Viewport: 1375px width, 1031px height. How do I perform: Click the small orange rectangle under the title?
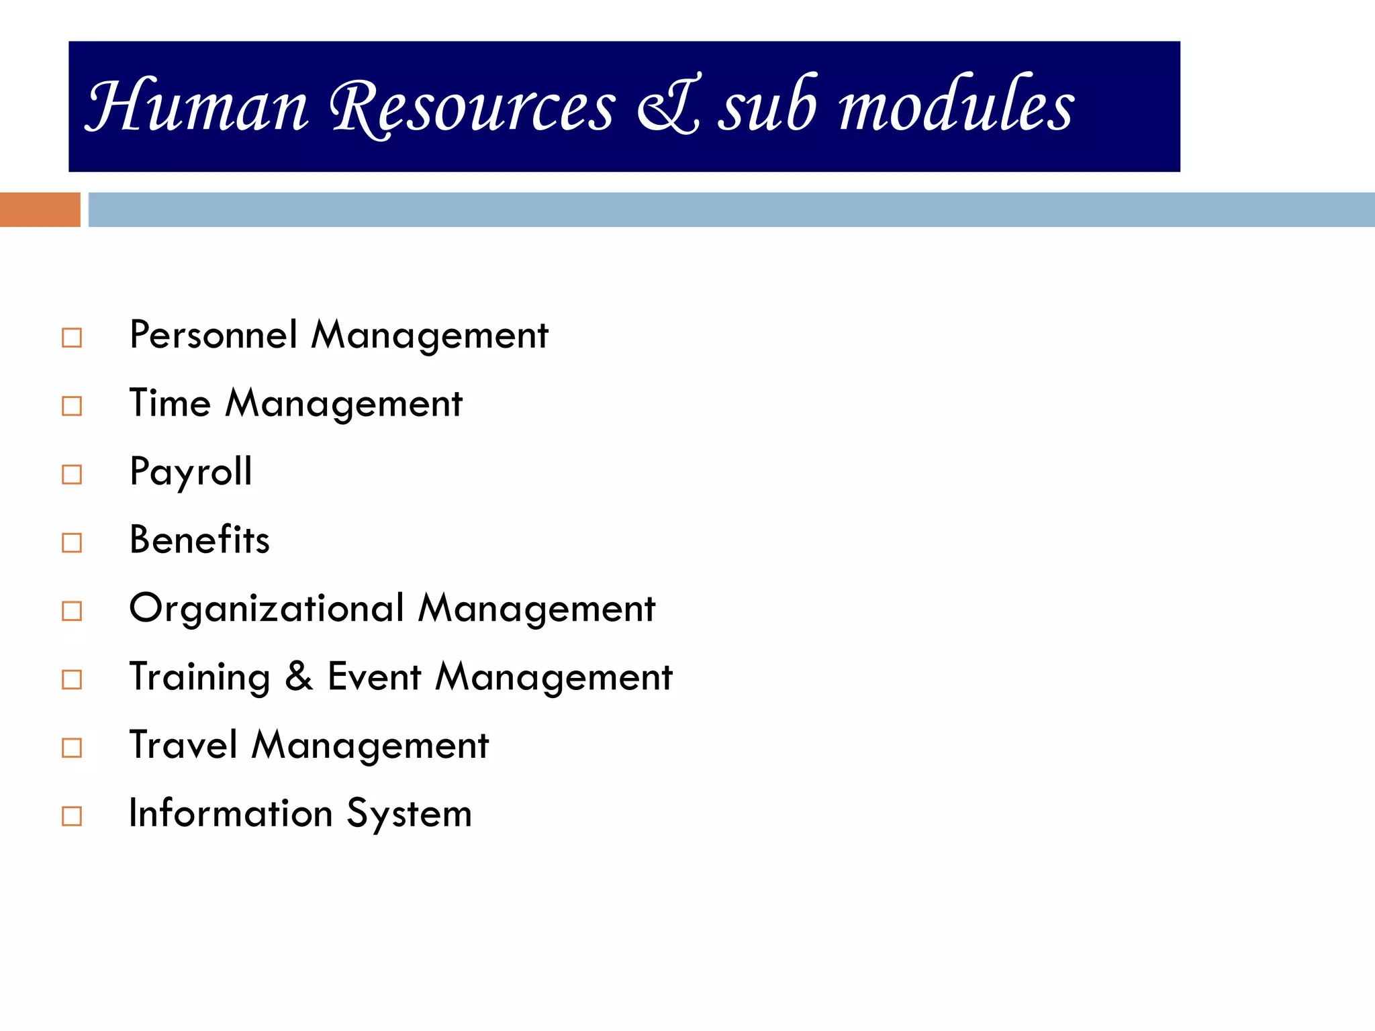pos(40,209)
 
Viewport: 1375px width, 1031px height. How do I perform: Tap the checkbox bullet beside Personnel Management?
pos(72,338)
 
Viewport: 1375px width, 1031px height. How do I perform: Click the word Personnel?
pos(214,334)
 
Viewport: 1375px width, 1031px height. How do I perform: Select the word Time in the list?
pos(170,403)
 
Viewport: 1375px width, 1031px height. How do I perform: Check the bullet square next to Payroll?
pos(72,475)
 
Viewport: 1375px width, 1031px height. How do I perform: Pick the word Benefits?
pos(199,540)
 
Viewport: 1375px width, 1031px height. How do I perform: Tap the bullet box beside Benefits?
pos(72,542)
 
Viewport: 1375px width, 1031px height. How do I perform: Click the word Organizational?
pos(267,608)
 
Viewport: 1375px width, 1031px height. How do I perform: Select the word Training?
pos(199,677)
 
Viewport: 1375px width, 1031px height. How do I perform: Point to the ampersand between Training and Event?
pos(299,676)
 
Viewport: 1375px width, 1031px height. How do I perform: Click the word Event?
pos(374,676)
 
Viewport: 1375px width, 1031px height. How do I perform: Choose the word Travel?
pos(183,745)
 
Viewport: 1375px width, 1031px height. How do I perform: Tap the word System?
pos(409,814)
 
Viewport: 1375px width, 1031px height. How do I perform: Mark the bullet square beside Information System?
pos(72,816)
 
